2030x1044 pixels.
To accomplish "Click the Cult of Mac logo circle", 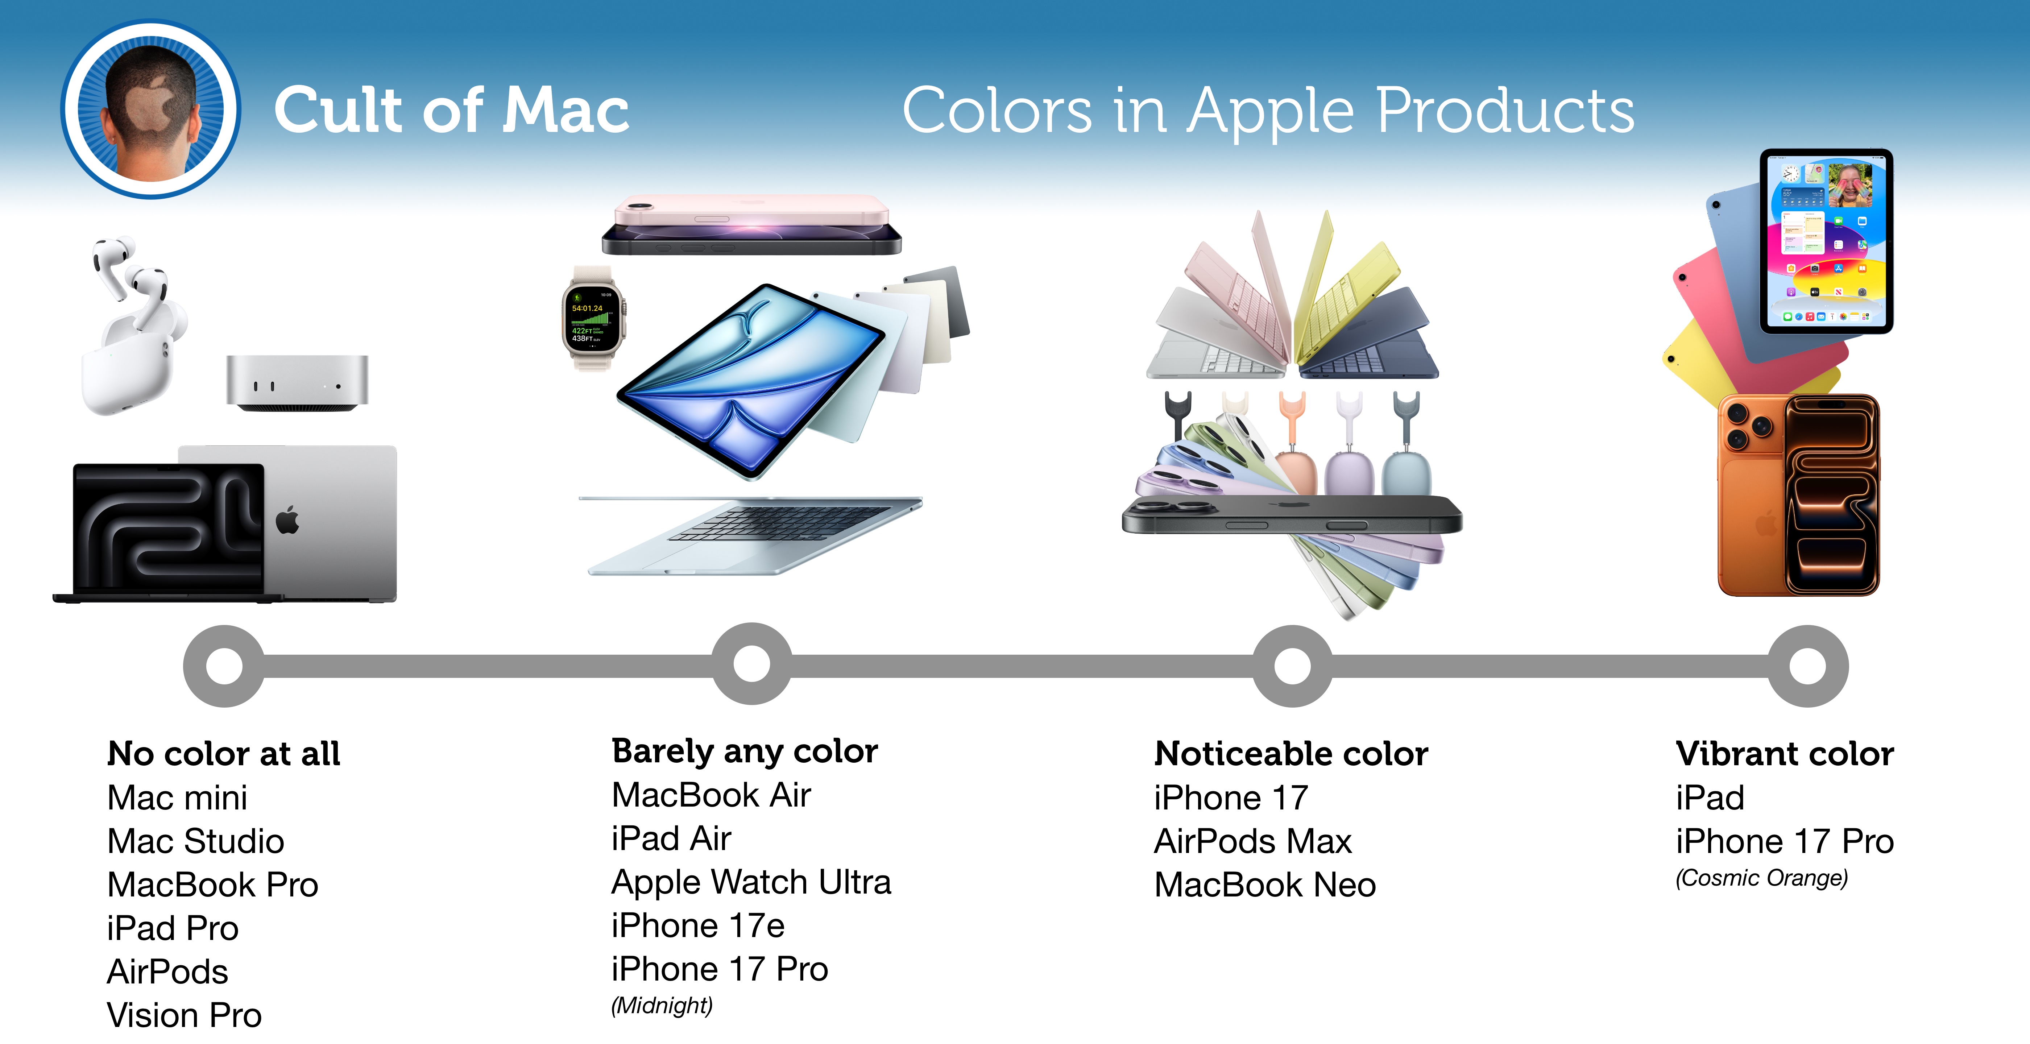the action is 150,109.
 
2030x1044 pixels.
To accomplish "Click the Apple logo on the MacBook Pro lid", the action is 287,520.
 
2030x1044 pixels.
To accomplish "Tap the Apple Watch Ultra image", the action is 593,319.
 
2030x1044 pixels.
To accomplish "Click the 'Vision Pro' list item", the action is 185,1015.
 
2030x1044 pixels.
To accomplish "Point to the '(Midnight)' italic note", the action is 662,1005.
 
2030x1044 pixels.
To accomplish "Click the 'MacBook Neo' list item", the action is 1265,885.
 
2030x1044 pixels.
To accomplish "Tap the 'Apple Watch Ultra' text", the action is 751,882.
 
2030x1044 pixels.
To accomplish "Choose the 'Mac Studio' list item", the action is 195,841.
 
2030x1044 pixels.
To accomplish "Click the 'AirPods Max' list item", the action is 1253,841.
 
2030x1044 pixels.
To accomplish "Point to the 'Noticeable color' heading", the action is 1291,754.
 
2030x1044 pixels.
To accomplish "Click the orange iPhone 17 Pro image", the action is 1798,495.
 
